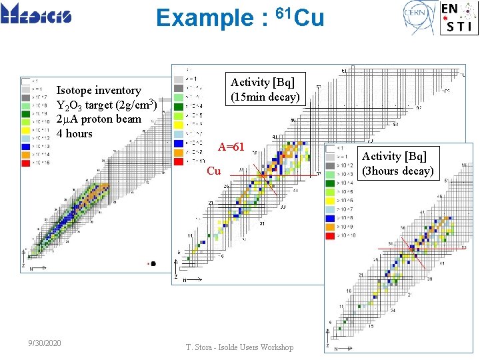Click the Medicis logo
(36, 14)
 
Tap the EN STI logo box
(458, 17)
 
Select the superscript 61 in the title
(283, 11)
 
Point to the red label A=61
(231, 147)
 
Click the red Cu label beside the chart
(213, 171)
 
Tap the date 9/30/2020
(45, 343)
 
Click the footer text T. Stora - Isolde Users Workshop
(239, 347)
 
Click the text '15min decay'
(265, 97)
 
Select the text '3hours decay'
(398, 171)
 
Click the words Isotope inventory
(99, 90)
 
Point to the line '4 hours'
(75, 133)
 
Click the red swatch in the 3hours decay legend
(330, 235)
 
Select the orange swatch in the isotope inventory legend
(25, 154)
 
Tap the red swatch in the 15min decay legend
(178, 161)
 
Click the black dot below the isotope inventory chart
(153, 263)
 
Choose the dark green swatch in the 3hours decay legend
(330, 183)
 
